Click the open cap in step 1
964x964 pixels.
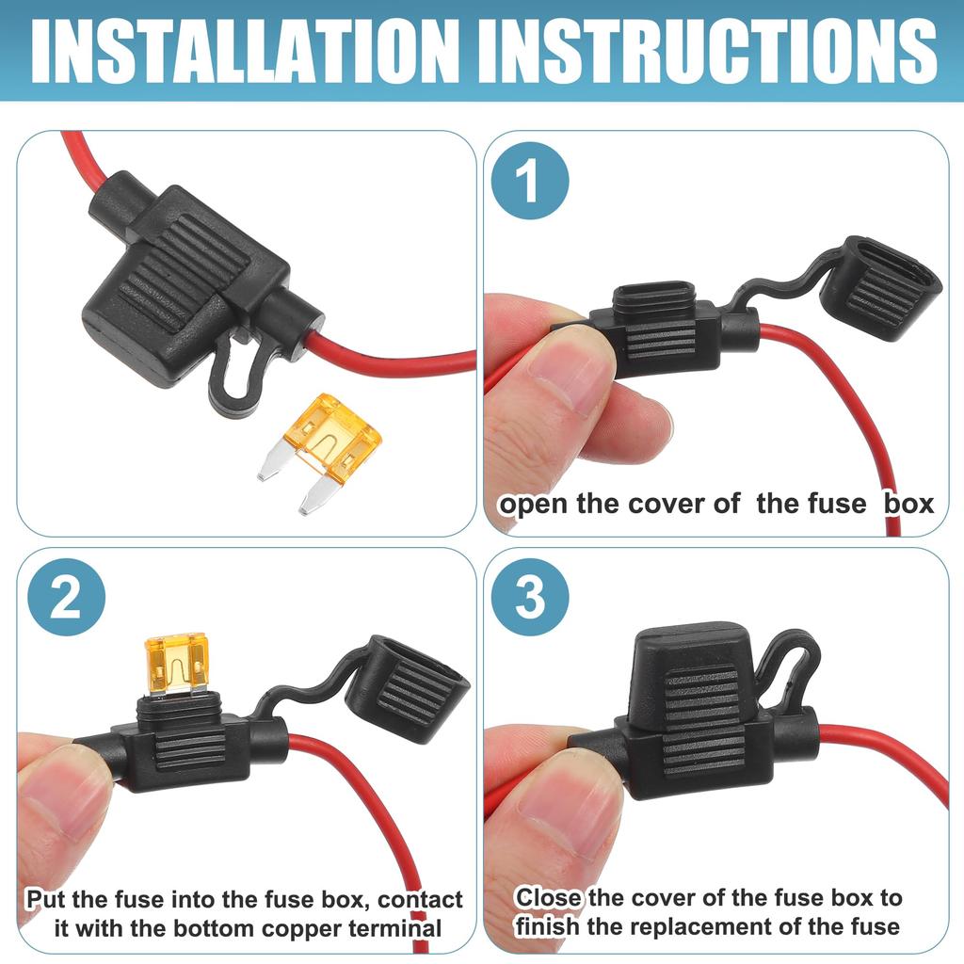(x=879, y=289)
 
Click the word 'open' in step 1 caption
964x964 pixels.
(x=533, y=504)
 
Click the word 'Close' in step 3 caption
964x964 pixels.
(x=548, y=897)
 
